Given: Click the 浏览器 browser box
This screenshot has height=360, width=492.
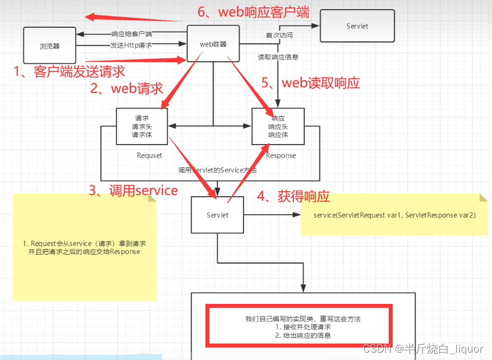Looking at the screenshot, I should (50, 46).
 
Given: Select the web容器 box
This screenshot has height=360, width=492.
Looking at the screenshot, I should (213, 44).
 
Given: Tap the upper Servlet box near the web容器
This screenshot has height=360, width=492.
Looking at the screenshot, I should (358, 26).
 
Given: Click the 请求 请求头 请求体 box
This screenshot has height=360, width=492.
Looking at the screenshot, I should (142, 126).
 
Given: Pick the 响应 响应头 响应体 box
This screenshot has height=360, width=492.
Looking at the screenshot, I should (278, 126).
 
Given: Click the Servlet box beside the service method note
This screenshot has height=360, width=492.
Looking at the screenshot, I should (217, 215).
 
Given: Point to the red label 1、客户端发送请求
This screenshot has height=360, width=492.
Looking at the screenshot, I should (69, 71).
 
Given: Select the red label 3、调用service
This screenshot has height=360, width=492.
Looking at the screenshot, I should (133, 190).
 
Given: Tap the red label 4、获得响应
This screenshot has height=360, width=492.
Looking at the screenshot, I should (293, 197).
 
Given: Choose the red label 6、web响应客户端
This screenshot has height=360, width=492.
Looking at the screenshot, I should (253, 12).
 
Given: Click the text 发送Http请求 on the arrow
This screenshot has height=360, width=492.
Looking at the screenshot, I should (131, 45).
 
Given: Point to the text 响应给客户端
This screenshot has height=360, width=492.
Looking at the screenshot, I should (131, 34).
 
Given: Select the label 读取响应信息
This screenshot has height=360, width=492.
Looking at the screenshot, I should (278, 57).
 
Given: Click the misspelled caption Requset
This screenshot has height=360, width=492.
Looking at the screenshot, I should (149, 155).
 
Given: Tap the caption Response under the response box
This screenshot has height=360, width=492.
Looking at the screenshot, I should (281, 155).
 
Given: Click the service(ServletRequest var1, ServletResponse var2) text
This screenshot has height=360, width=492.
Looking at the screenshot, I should (394, 215).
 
